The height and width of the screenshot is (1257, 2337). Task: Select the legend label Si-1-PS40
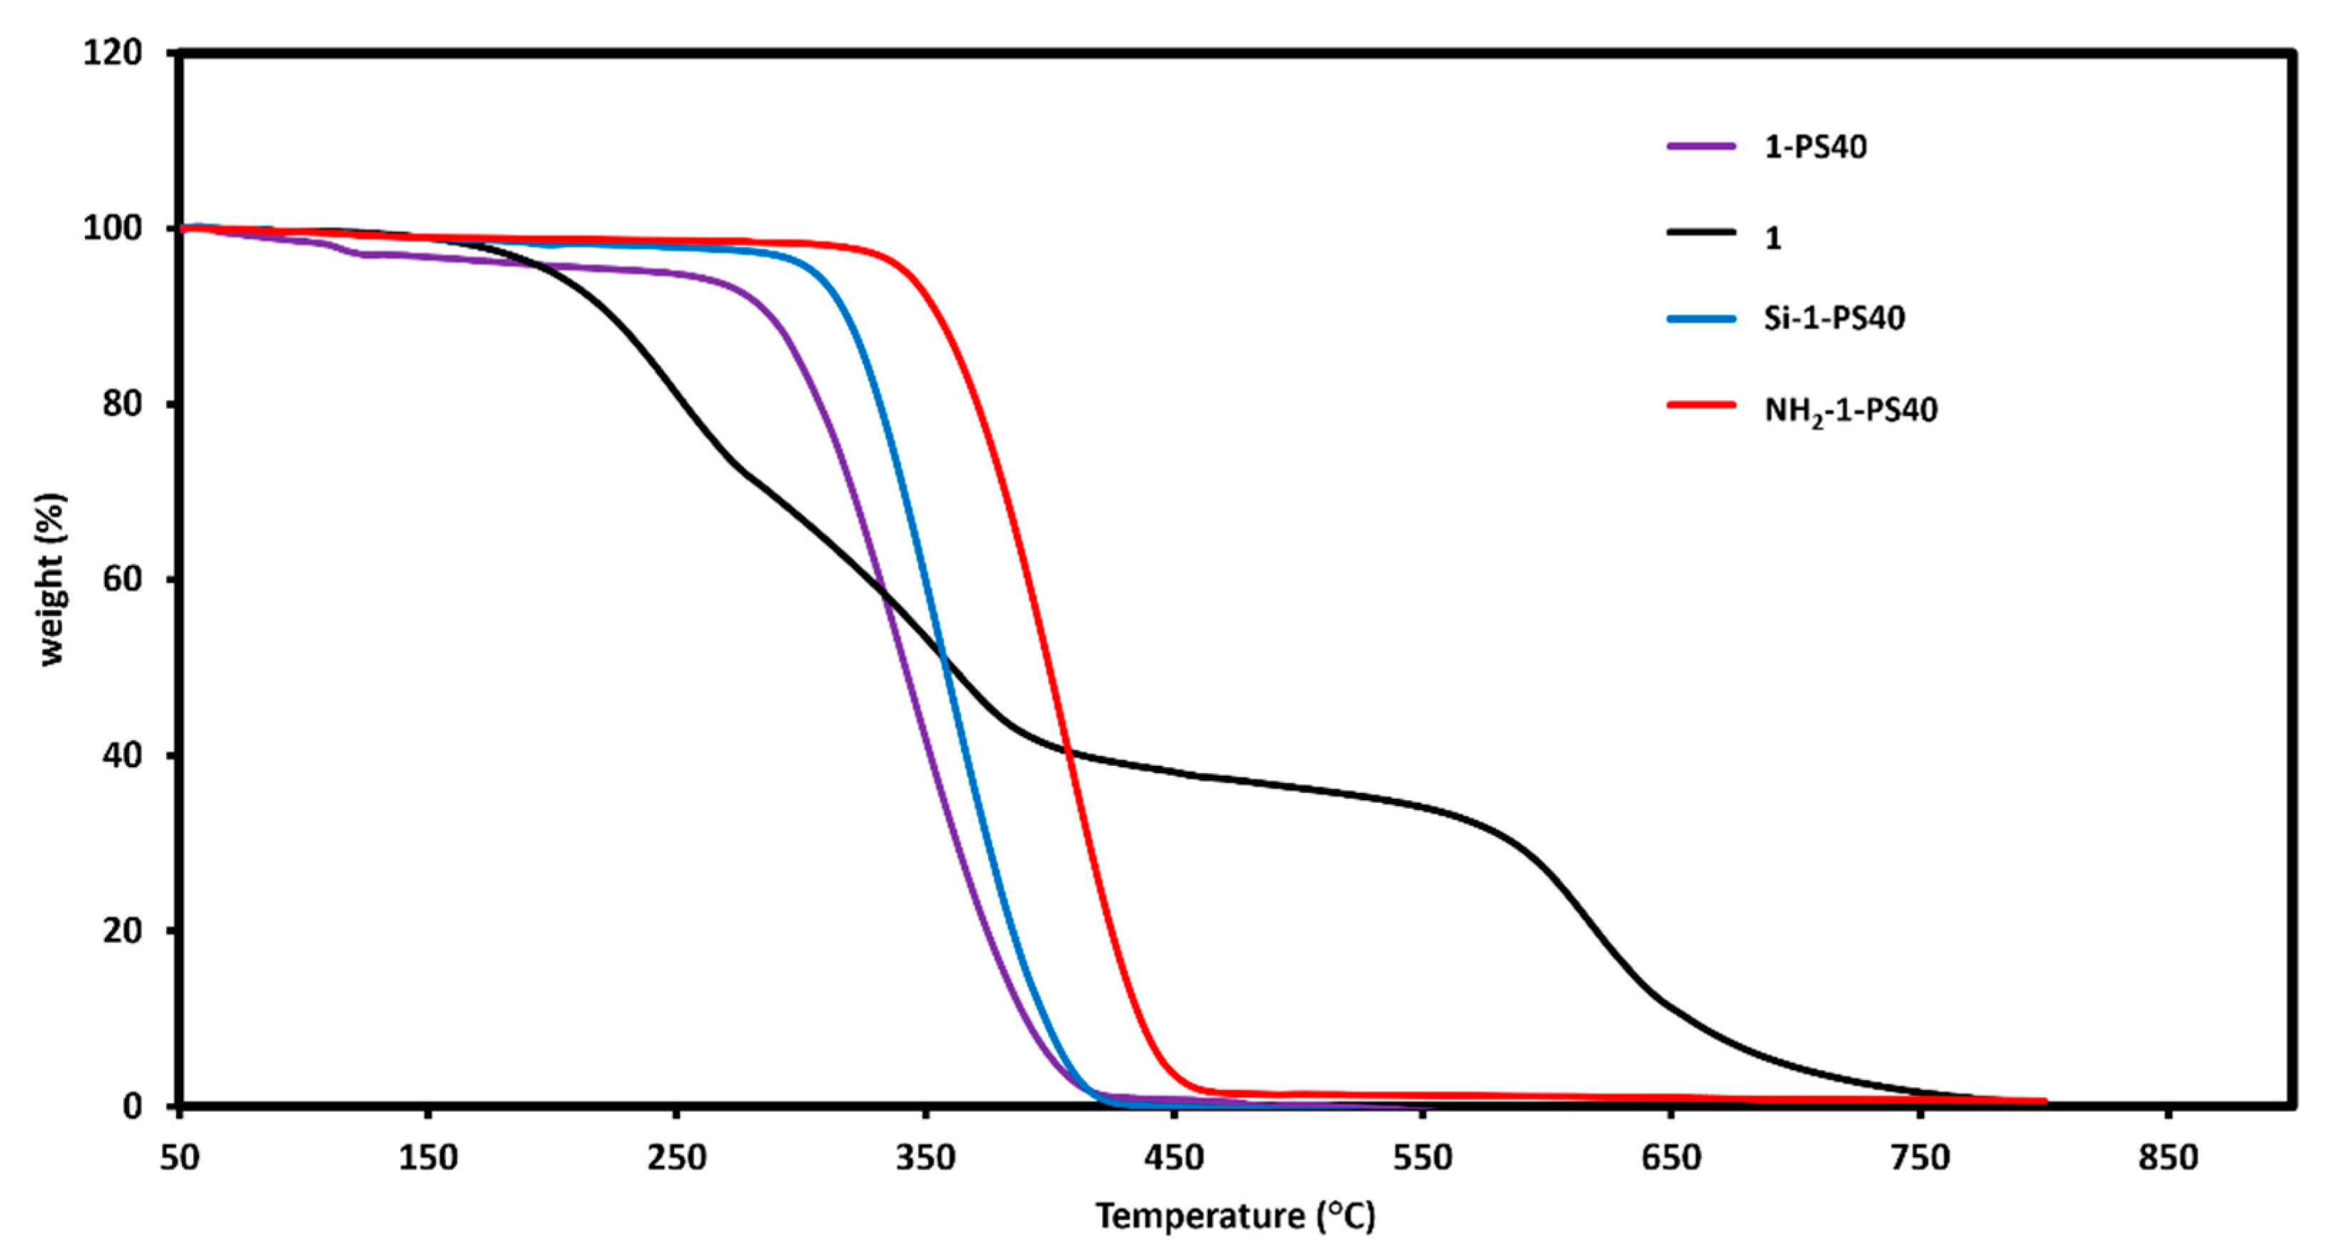(1833, 318)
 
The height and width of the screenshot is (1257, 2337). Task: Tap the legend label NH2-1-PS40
(1850, 410)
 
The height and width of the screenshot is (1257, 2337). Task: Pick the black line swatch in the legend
(1701, 233)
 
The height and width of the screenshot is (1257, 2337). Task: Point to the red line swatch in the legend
(1701, 405)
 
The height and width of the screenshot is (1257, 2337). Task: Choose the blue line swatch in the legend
(1701, 318)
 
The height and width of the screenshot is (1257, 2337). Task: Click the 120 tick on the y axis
(113, 53)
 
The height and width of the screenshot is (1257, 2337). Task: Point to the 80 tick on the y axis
(123, 404)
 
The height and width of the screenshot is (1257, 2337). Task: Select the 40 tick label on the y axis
(123, 755)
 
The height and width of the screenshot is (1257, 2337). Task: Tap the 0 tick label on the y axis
(133, 1106)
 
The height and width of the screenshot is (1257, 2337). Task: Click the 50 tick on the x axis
(180, 1158)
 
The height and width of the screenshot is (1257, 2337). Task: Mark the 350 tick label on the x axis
(925, 1158)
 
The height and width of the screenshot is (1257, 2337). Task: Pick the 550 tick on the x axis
(1422, 1158)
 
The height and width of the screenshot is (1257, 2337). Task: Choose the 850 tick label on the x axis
(2168, 1158)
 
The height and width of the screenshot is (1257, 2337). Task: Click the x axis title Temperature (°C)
(1235, 1216)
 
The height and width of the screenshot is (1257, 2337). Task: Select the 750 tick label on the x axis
(1920, 1158)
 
